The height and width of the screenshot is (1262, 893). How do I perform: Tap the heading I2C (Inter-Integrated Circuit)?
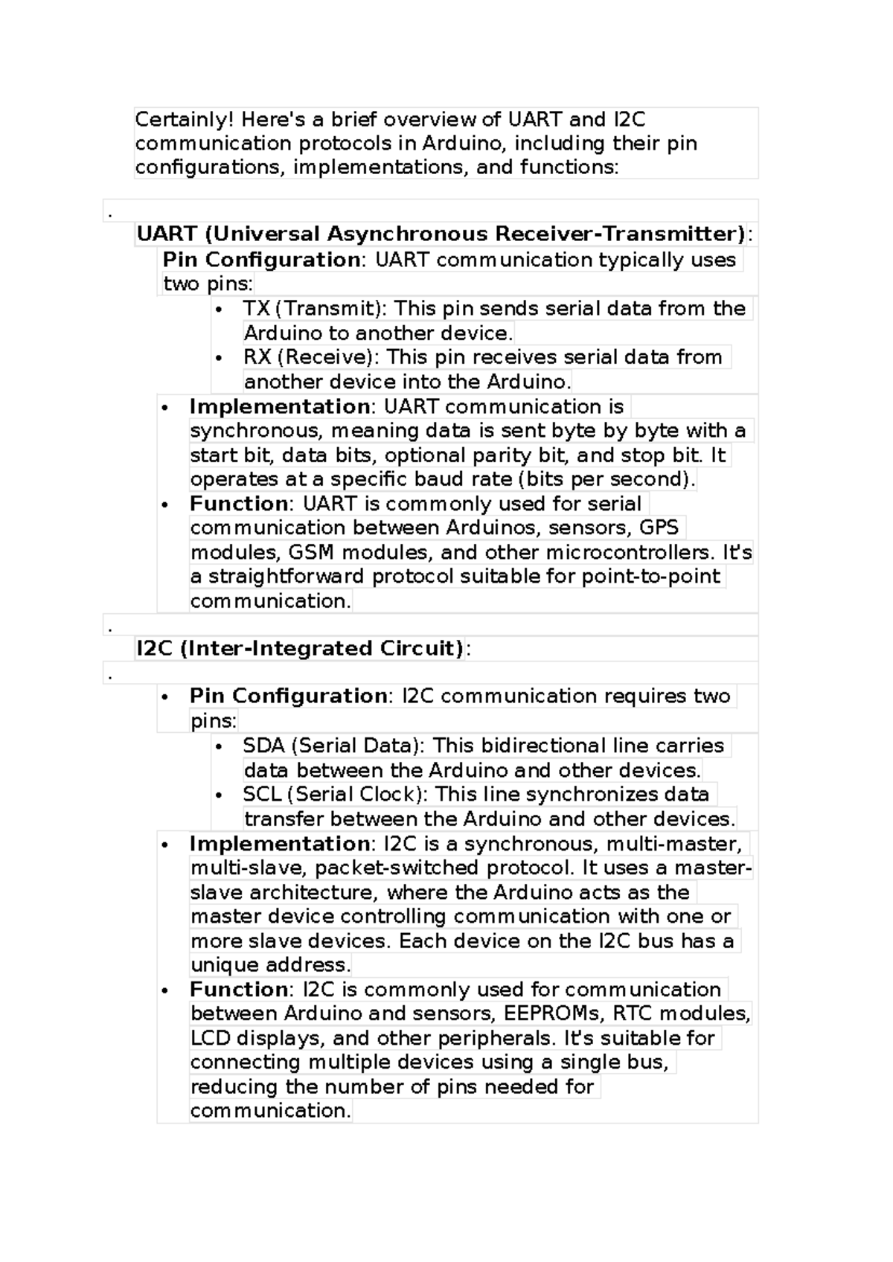click(x=300, y=648)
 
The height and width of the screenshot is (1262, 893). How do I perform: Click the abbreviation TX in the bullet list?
click(x=256, y=309)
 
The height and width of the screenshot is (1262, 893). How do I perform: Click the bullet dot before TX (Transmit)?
click(x=218, y=310)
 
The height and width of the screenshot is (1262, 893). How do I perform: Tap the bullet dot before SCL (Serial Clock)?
click(x=218, y=795)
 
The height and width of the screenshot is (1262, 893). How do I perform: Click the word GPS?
click(x=659, y=528)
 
